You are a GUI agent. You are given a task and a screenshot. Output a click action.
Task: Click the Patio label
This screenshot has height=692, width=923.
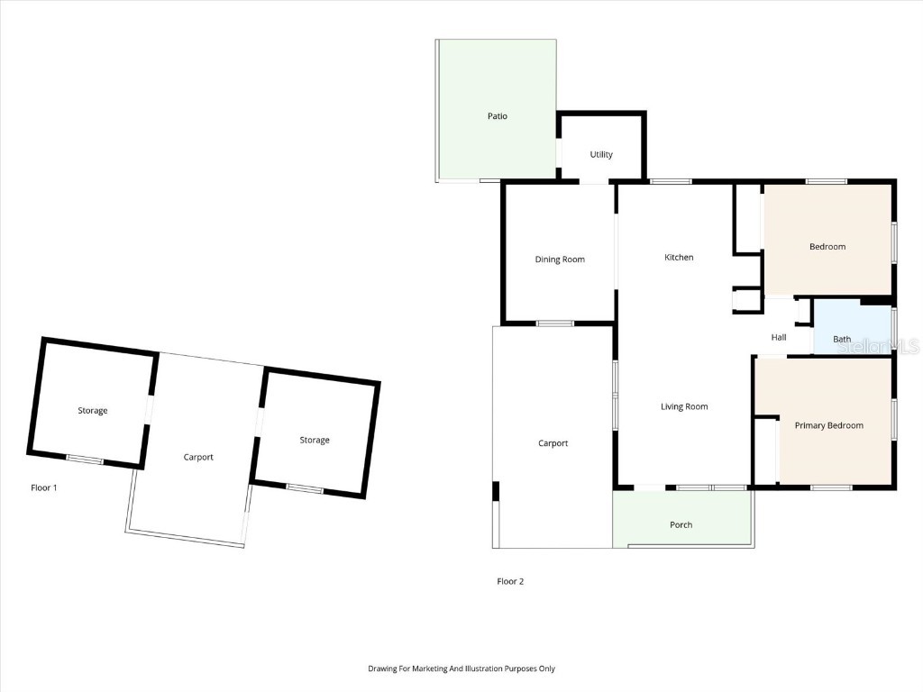pyautogui.click(x=498, y=116)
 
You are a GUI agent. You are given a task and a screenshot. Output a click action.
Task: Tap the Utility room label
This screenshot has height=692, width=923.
pyautogui.click(x=601, y=155)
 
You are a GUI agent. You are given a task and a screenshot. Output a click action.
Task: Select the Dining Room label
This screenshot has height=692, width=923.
pyautogui.click(x=560, y=259)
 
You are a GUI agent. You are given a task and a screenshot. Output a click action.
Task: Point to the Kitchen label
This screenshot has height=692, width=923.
pyautogui.click(x=679, y=258)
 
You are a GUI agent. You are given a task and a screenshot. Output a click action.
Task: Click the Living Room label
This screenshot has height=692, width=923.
pyautogui.click(x=684, y=406)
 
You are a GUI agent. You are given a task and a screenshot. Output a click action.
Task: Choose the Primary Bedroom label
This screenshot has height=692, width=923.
pyautogui.click(x=828, y=425)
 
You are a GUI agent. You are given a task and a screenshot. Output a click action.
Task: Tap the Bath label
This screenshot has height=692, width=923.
pyautogui.click(x=842, y=340)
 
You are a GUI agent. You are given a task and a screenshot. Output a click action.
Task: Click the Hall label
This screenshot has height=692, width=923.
pyautogui.click(x=779, y=338)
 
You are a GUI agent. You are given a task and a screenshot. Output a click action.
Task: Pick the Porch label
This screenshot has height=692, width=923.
pyautogui.click(x=681, y=525)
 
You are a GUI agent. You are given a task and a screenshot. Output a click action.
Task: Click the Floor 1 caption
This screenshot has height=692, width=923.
pyautogui.click(x=44, y=487)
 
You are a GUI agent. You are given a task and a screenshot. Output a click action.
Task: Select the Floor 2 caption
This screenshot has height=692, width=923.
pyautogui.click(x=510, y=581)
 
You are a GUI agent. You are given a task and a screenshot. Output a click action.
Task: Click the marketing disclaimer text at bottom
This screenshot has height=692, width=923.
pyautogui.click(x=461, y=669)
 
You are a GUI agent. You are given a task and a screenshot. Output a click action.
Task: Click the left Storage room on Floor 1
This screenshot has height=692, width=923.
pyautogui.click(x=92, y=411)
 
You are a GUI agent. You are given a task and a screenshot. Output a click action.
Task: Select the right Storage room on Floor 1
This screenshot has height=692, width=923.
pyautogui.click(x=315, y=441)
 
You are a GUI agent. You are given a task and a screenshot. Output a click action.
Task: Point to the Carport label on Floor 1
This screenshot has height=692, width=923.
pyautogui.click(x=198, y=457)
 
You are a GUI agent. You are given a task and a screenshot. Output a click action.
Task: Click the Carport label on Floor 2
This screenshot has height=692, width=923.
pyautogui.click(x=553, y=443)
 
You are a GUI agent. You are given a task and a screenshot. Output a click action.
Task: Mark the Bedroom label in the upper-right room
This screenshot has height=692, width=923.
pyautogui.click(x=827, y=247)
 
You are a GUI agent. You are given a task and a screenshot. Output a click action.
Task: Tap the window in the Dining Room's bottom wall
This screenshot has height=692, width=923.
pyautogui.click(x=554, y=323)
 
